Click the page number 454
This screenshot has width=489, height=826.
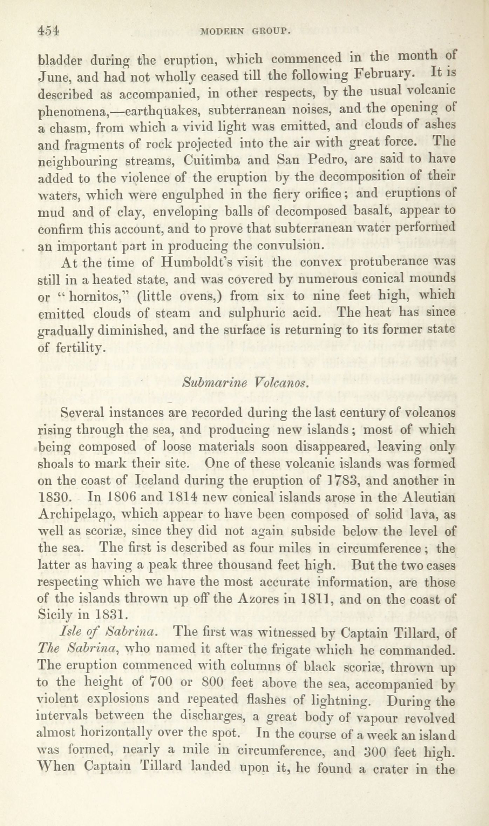pyautogui.click(x=48, y=31)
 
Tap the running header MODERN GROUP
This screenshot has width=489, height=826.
pyautogui.click(x=244, y=32)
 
